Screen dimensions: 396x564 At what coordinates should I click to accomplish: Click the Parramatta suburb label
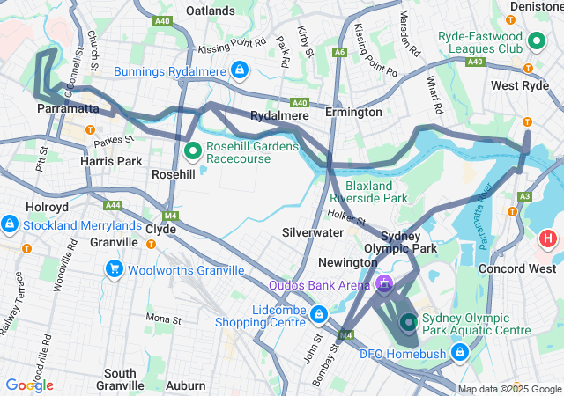[x=68, y=108]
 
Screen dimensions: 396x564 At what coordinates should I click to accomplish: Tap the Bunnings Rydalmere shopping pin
[x=239, y=70]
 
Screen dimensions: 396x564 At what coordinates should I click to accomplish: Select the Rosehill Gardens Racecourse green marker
[x=193, y=151]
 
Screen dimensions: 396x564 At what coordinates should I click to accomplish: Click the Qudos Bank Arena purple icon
[x=384, y=284]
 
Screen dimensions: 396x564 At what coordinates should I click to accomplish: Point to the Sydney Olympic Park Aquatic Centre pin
[x=408, y=323]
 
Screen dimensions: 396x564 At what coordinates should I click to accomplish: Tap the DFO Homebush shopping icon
[x=459, y=353]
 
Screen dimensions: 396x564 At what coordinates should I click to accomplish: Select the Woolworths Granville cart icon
[x=114, y=268]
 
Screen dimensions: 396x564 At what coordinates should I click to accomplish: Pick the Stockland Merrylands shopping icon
[x=10, y=224]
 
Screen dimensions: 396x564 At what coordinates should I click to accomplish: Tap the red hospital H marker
[x=548, y=238]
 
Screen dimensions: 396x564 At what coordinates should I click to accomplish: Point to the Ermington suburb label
[x=353, y=112]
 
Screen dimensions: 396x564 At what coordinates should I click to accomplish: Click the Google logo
[x=28, y=385]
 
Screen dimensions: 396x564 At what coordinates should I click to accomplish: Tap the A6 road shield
[x=340, y=52]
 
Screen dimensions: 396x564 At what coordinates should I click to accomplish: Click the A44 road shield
[x=113, y=205]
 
